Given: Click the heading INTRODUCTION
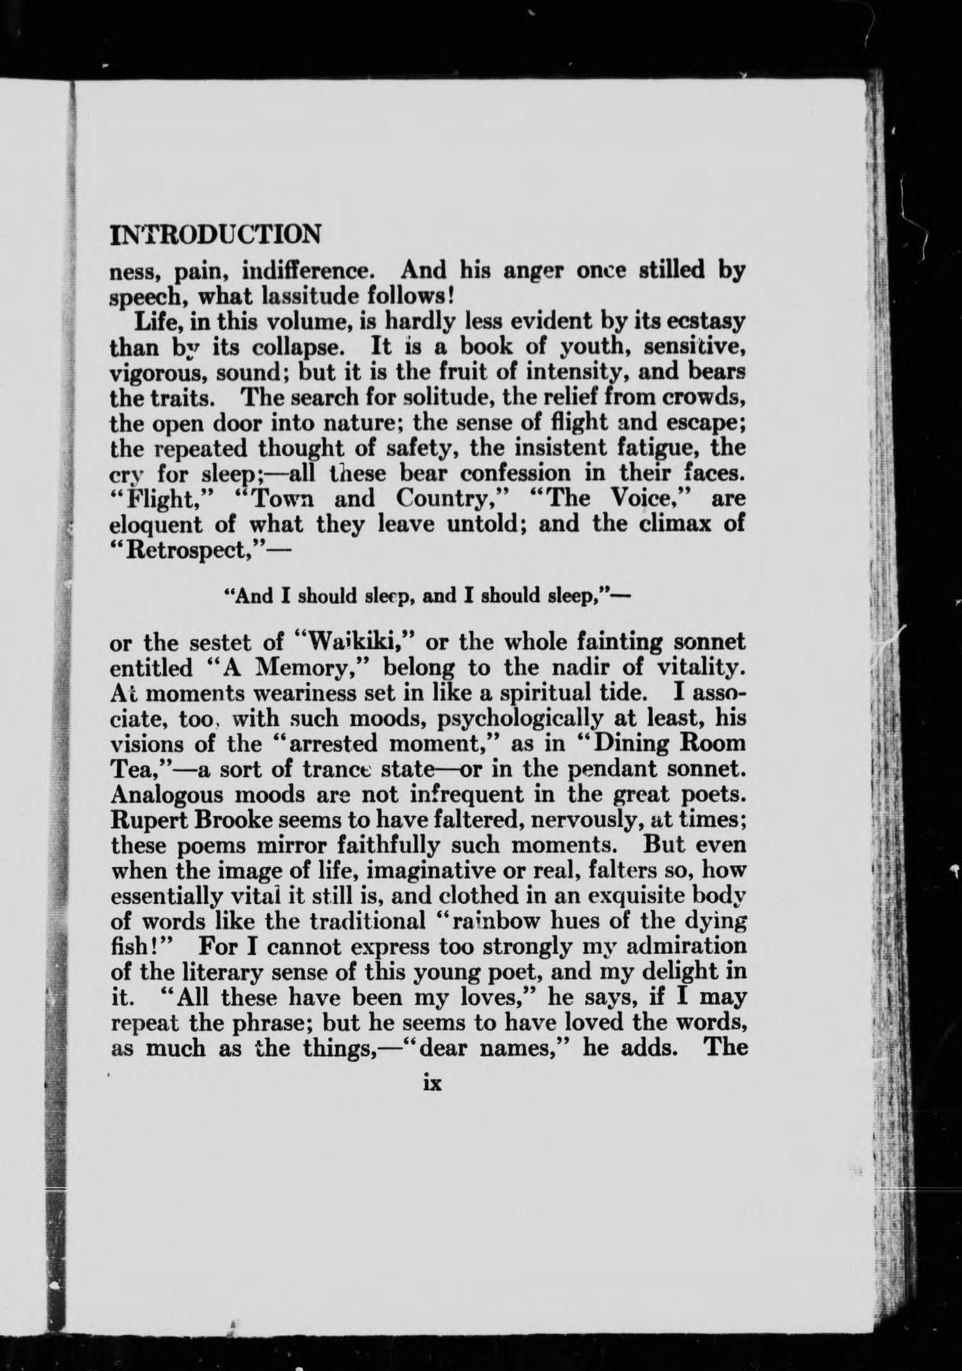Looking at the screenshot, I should click(x=216, y=234).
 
